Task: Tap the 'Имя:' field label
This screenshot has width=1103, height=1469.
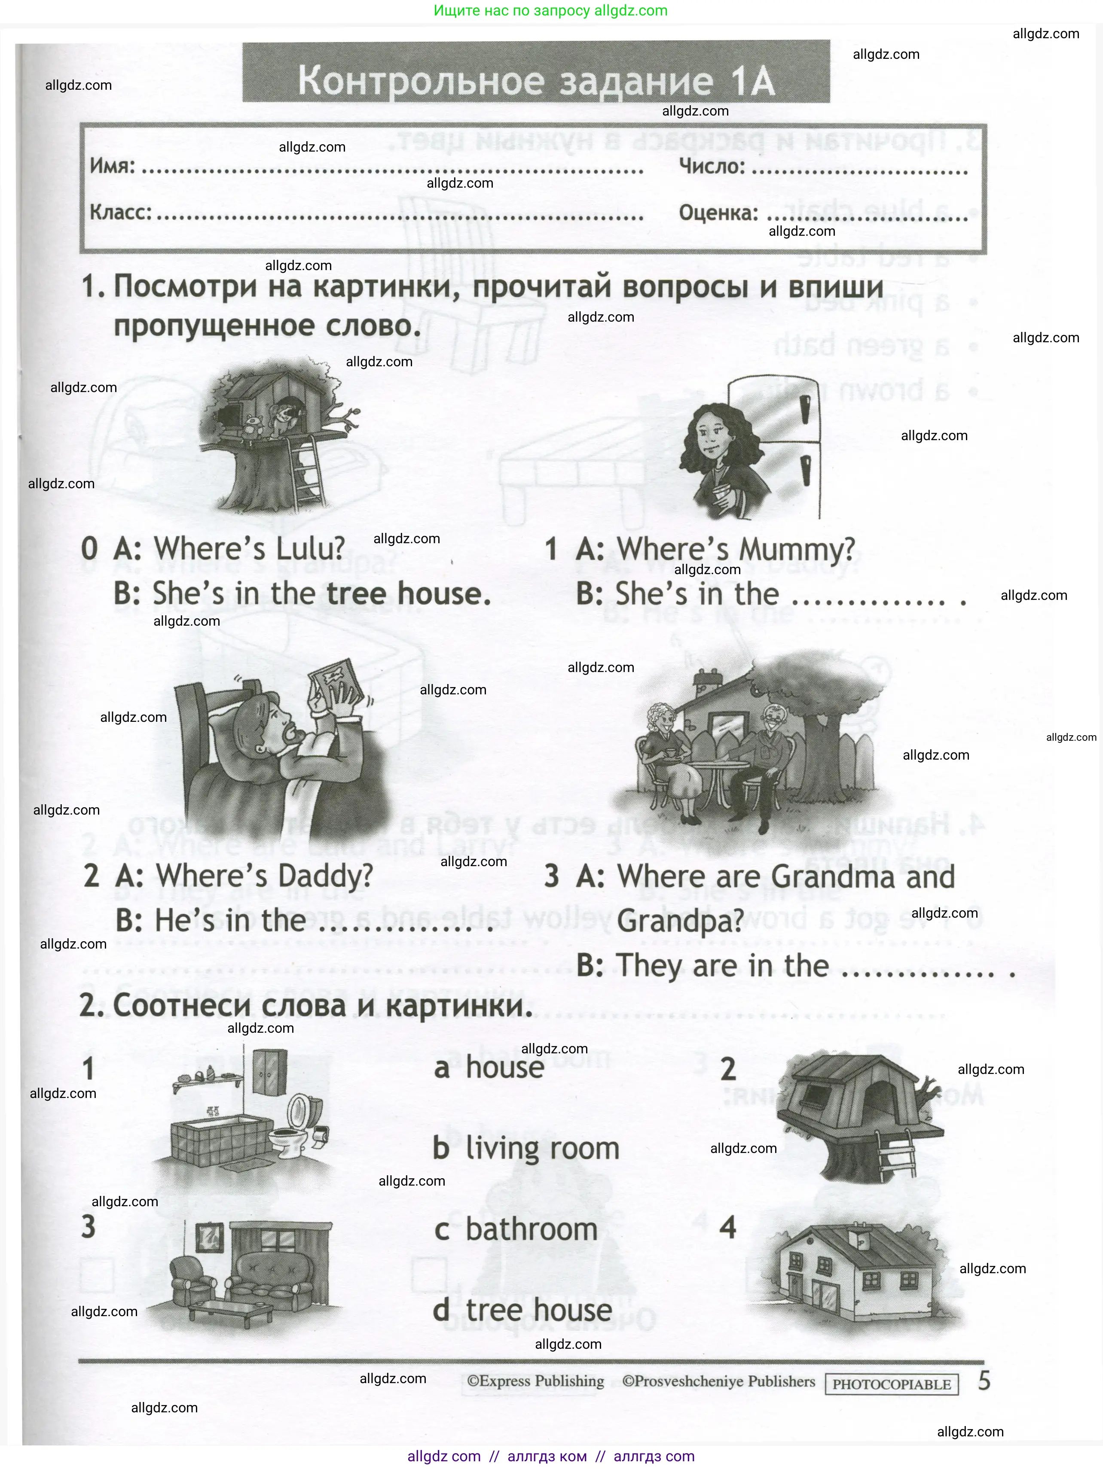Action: point(112,165)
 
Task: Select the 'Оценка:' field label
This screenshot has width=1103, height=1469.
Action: point(718,213)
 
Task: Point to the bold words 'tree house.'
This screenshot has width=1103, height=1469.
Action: point(409,593)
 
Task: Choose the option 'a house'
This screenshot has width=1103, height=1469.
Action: point(490,1068)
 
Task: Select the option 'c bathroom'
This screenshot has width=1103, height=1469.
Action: point(516,1229)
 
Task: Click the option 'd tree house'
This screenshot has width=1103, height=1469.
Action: point(523,1310)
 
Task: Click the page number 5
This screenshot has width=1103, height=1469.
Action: point(984,1381)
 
